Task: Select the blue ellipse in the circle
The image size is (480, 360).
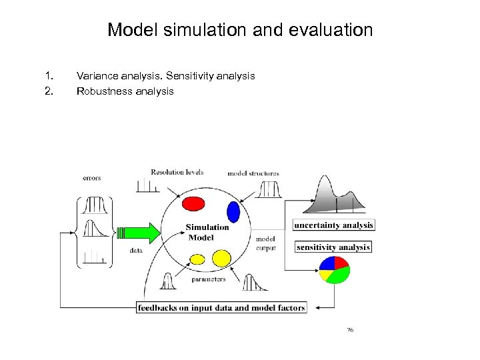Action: [x=233, y=211]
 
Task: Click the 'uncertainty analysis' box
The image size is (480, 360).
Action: [x=333, y=225]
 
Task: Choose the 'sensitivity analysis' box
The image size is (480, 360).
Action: [x=333, y=247]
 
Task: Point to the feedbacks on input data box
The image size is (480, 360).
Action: [x=221, y=307]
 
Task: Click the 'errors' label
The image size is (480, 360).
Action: [x=92, y=178]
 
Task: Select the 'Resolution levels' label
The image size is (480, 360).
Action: [x=177, y=172]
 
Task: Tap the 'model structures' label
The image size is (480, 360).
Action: [x=253, y=173]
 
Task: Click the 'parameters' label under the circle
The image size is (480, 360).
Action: [x=208, y=279]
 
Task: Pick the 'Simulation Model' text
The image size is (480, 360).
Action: [x=207, y=232]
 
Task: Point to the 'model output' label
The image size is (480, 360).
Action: [x=265, y=243]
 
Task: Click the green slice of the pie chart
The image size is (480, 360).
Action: [x=339, y=273]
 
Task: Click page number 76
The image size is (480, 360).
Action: [x=350, y=330]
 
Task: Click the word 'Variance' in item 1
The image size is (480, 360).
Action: [x=97, y=76]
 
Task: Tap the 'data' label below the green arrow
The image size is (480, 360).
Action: [x=136, y=251]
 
